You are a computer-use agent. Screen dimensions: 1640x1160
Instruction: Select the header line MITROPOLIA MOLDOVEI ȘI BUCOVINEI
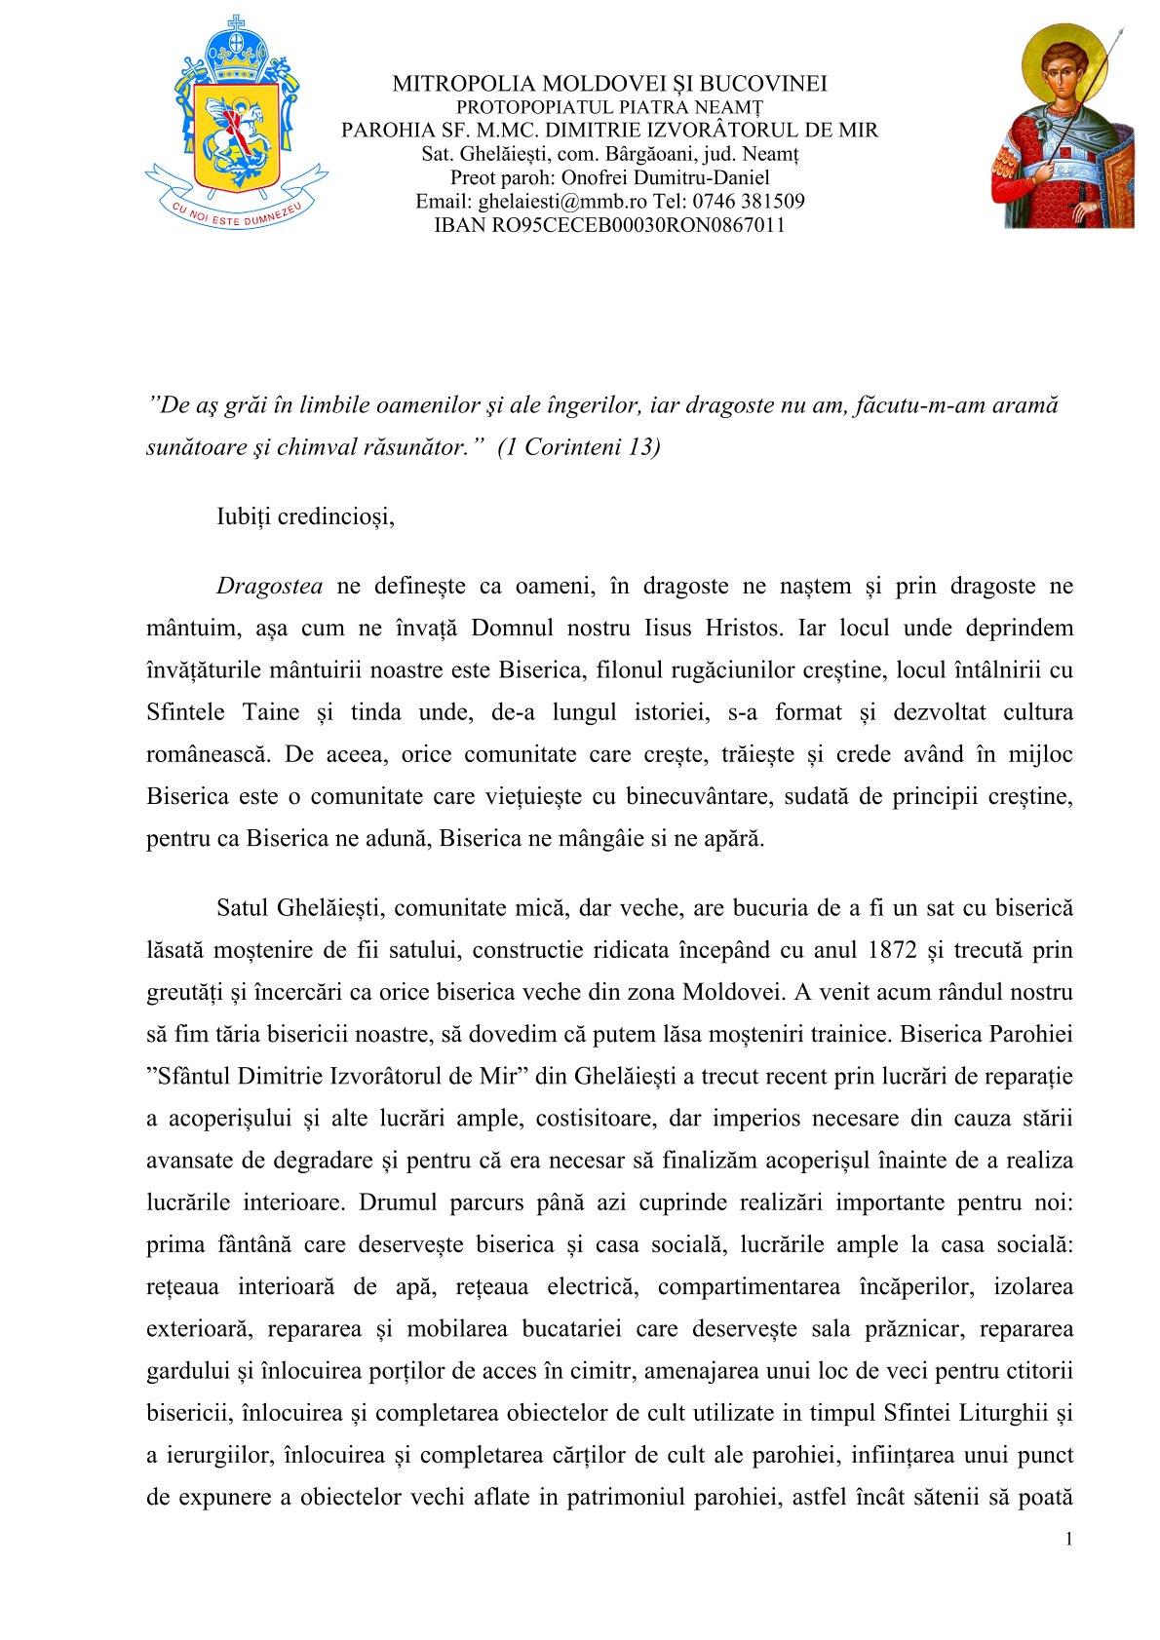[609, 84]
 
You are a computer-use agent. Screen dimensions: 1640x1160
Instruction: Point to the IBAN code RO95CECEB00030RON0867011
[608, 225]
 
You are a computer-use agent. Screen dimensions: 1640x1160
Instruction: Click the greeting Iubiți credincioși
[305, 516]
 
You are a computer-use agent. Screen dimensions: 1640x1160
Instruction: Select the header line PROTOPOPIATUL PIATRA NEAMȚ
[609, 106]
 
